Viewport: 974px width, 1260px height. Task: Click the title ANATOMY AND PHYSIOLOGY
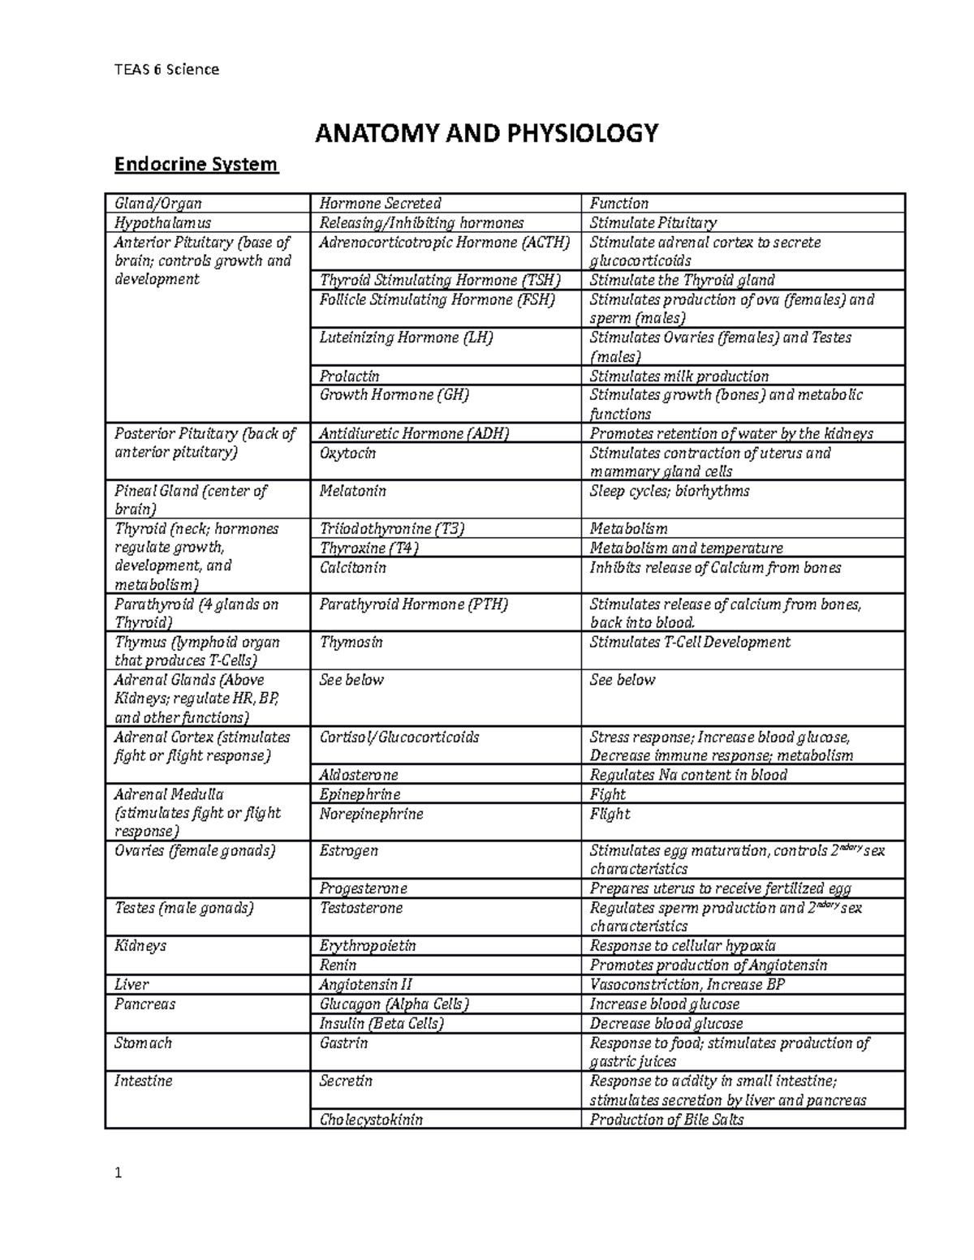(486, 132)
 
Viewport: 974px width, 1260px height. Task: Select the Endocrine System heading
(196, 165)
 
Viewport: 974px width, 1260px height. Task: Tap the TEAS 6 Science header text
(166, 69)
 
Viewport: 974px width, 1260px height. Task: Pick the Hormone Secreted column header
(380, 204)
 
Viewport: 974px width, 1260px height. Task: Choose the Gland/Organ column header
(158, 204)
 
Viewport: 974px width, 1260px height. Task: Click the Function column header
(618, 204)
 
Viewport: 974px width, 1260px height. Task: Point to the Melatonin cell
(352, 491)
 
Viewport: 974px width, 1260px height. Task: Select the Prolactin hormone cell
(349, 376)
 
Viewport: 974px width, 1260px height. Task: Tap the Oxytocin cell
(347, 453)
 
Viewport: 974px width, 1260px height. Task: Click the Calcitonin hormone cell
(352, 567)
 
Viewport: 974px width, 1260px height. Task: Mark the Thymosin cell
(351, 643)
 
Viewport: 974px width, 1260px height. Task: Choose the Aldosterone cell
(358, 775)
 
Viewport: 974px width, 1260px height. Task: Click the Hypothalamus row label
(162, 222)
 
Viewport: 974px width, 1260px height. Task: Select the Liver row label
(131, 984)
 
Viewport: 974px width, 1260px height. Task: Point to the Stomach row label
(143, 1043)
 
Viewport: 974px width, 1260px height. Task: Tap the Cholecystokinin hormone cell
(371, 1120)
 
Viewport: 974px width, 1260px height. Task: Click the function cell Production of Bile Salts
(666, 1120)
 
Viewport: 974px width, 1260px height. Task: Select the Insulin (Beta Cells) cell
(381, 1024)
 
